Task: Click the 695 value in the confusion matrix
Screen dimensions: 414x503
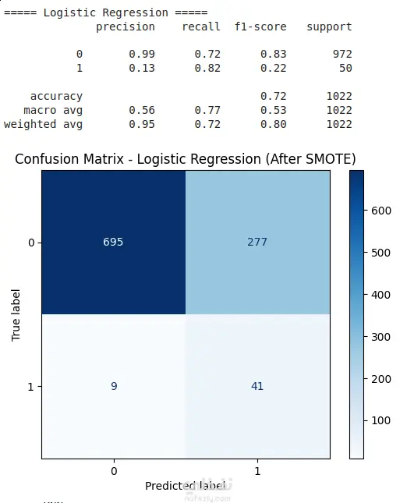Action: (113, 242)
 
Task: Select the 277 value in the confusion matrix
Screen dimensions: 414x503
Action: (257, 242)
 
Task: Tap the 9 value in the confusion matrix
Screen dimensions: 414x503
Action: (114, 386)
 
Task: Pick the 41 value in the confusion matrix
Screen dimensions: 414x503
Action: (257, 386)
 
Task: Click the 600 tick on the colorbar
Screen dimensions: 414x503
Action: (381, 211)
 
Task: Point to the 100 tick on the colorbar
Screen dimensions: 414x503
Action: (381, 420)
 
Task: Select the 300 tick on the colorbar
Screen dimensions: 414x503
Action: (381, 337)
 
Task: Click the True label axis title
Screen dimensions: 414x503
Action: (16, 315)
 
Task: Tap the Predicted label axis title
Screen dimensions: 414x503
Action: (185, 486)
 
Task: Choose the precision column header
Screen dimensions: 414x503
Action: (126, 27)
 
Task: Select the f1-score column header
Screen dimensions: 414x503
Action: (260, 27)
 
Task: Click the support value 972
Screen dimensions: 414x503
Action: (342, 54)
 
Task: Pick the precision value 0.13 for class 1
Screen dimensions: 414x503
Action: (142, 68)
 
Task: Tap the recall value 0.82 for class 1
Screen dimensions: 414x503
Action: (207, 68)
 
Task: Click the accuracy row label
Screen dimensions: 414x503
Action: (56, 96)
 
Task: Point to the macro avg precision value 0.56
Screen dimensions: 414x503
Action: (142, 111)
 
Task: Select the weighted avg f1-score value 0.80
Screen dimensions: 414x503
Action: (273, 125)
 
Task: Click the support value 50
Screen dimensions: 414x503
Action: (345, 68)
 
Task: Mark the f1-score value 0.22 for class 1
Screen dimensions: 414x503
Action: (273, 68)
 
